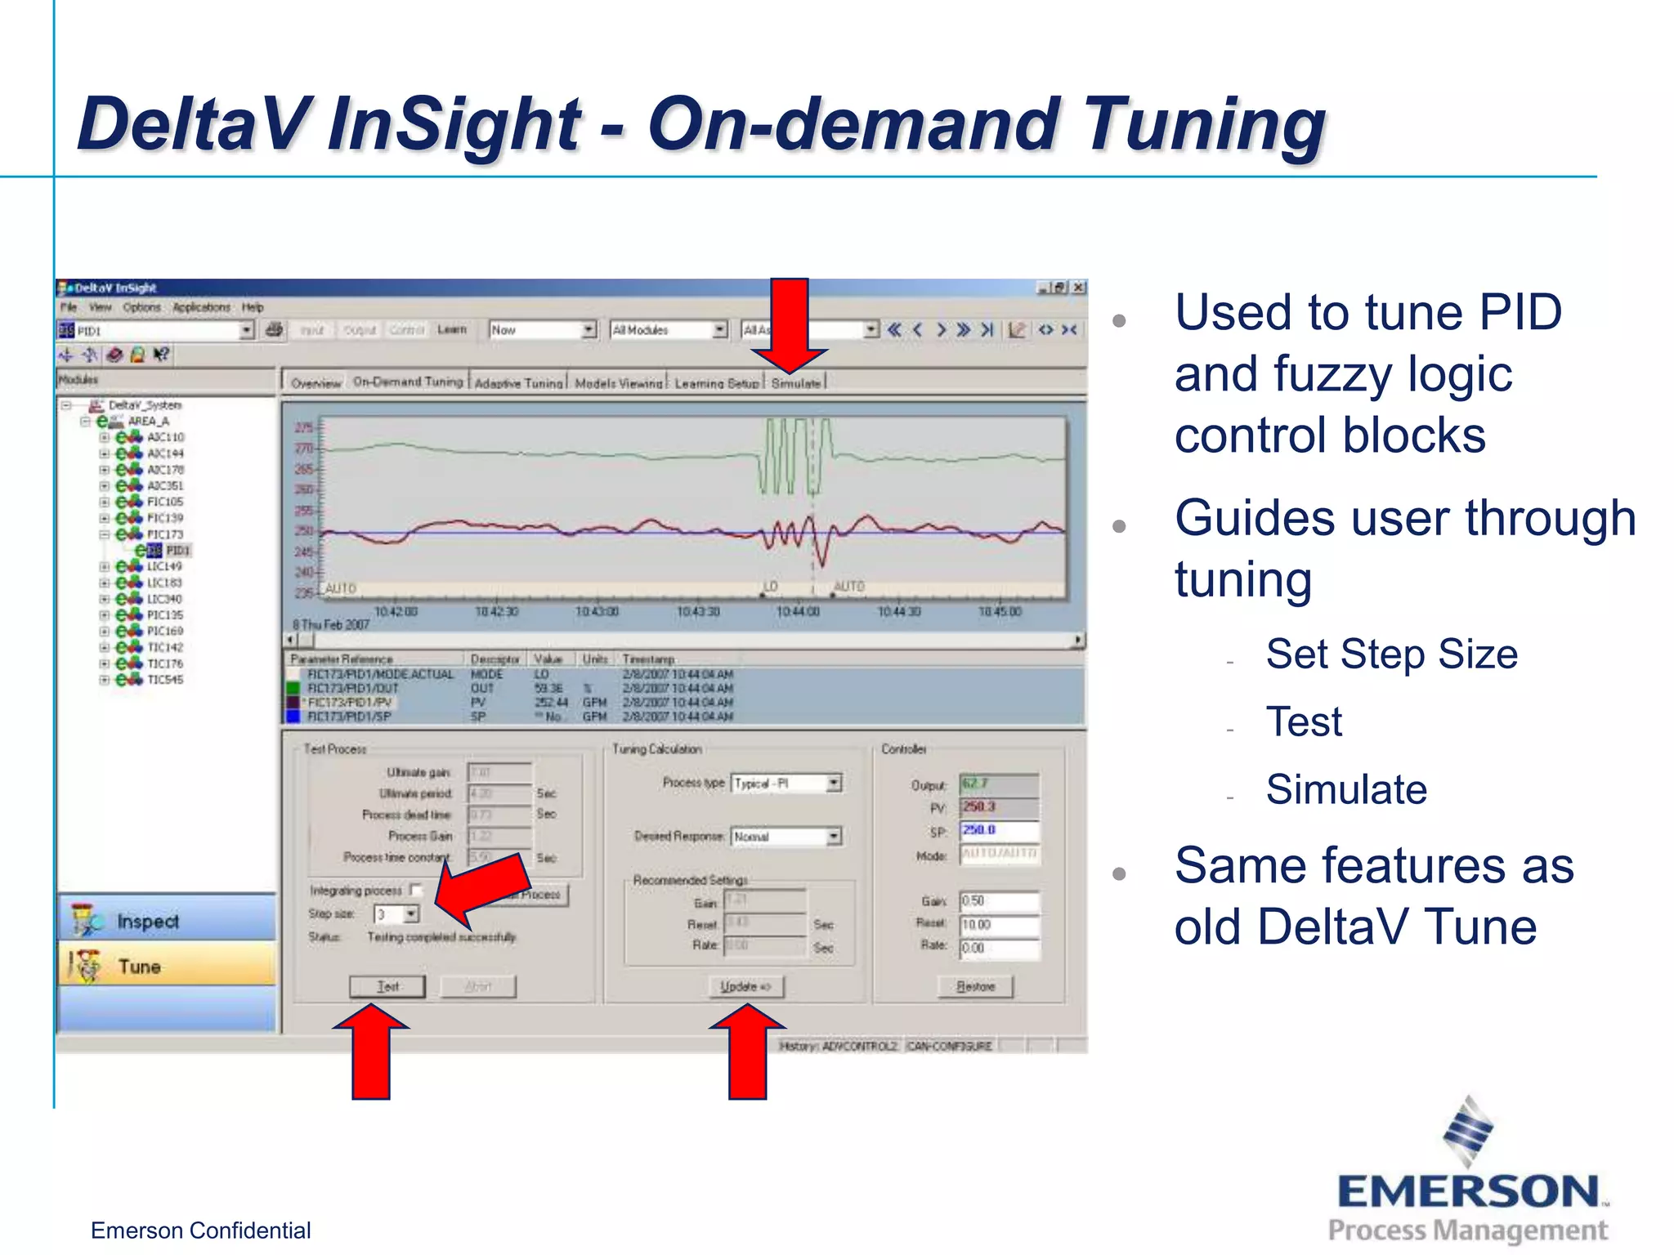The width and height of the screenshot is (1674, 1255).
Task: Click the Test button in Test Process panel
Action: tap(387, 986)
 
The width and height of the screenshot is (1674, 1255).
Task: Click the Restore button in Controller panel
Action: tap(975, 986)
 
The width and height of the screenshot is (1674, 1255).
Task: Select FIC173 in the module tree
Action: tap(164, 534)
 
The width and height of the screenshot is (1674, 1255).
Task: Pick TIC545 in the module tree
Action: tap(164, 680)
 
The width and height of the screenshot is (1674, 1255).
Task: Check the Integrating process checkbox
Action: tap(417, 890)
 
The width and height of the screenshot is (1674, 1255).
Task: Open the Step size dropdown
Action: tap(411, 914)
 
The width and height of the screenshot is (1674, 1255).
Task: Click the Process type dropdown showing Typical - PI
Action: tap(833, 784)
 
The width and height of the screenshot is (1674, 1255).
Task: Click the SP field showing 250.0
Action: tap(998, 830)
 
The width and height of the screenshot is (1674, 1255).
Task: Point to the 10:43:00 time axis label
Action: tap(597, 612)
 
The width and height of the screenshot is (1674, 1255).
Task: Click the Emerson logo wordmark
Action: tap(1468, 1192)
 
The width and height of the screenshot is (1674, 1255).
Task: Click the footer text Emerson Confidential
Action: tap(200, 1230)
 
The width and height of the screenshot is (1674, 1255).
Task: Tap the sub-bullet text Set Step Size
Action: tap(1391, 654)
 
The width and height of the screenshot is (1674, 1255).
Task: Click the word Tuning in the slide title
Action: tap(1205, 124)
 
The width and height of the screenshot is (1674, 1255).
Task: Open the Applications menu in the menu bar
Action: tap(201, 307)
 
